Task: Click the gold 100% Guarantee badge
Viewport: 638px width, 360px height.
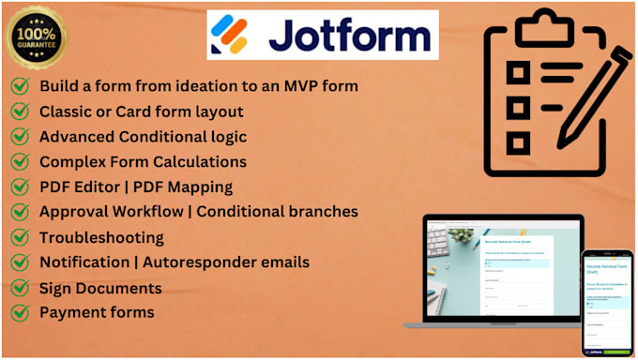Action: point(37,37)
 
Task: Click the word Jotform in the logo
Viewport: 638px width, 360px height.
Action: point(349,36)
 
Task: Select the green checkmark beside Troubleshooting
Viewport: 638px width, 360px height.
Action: point(19,237)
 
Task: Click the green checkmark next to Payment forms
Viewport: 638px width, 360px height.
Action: point(19,312)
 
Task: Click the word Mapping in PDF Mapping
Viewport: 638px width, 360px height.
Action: point(201,187)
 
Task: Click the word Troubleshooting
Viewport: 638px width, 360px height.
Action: point(101,237)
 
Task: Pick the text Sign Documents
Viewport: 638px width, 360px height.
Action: point(100,288)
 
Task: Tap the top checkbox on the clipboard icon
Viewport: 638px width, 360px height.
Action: point(518,72)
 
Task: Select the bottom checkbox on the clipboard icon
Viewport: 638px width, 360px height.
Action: point(518,142)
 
